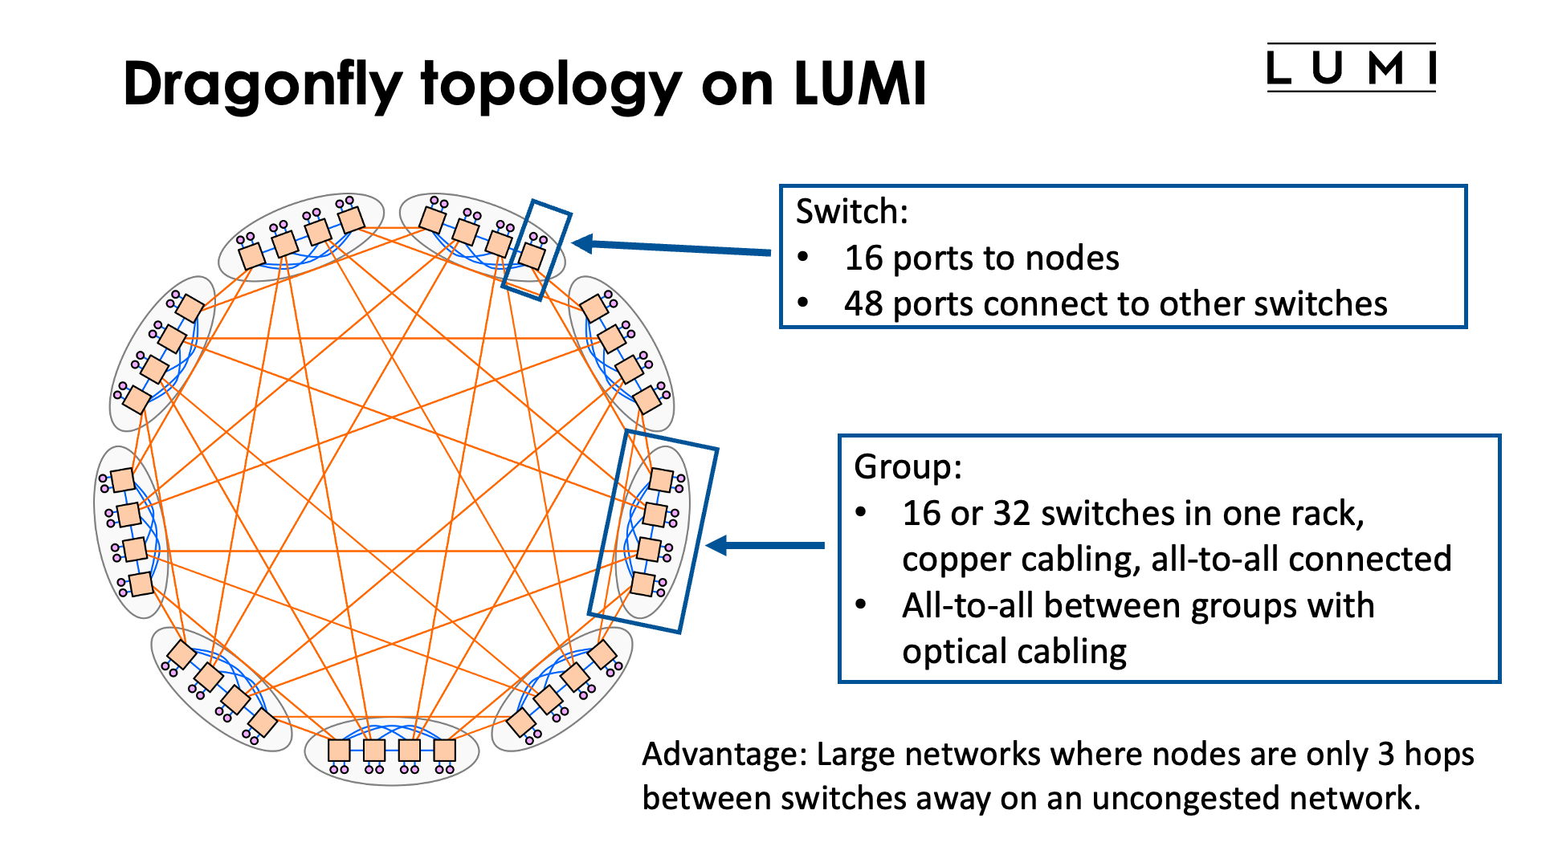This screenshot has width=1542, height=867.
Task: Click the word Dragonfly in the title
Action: [262, 84]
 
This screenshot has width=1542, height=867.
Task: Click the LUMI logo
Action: [1351, 68]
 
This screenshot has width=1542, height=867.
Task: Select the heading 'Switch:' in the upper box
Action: [851, 212]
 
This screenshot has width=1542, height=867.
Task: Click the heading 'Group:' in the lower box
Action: [908, 466]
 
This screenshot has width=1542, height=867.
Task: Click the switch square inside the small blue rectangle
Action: [532, 256]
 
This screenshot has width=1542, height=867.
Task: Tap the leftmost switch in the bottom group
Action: [339, 751]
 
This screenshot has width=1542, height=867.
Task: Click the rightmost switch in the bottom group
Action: [445, 751]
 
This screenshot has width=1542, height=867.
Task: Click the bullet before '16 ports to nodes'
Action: [803, 258]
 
